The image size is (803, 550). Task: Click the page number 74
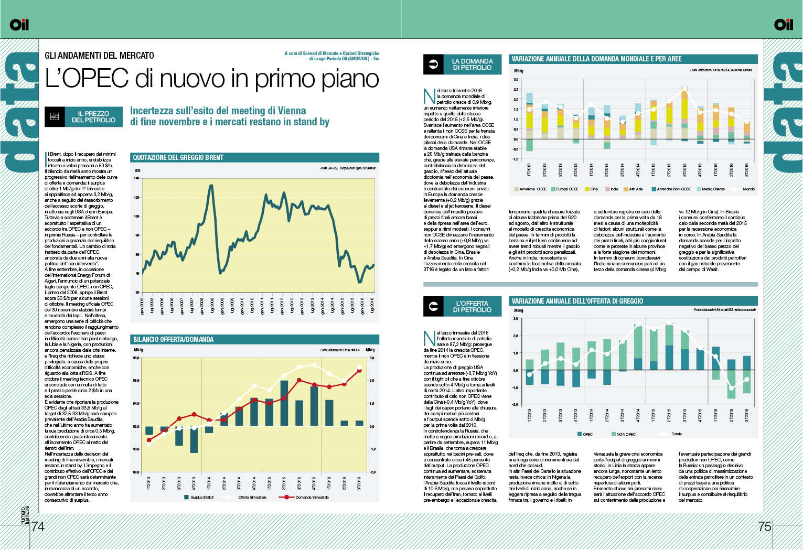pos(38,526)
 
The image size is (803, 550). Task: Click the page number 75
pos(765,526)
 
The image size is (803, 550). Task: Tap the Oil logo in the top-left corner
pos(19,24)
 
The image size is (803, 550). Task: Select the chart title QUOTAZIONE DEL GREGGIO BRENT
pos(178,157)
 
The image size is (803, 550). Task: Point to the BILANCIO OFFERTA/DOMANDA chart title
pos(173,339)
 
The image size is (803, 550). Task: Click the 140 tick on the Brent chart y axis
pos(136,178)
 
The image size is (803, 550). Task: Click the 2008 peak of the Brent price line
pos(211,185)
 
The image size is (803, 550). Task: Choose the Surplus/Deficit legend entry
pos(199,497)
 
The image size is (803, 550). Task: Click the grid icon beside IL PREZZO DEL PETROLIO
pos(55,116)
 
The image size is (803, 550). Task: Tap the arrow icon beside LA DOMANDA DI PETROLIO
pos(433,64)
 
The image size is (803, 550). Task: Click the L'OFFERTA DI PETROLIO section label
pos(472,307)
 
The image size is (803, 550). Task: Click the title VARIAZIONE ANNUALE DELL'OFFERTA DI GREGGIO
pos(577,301)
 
